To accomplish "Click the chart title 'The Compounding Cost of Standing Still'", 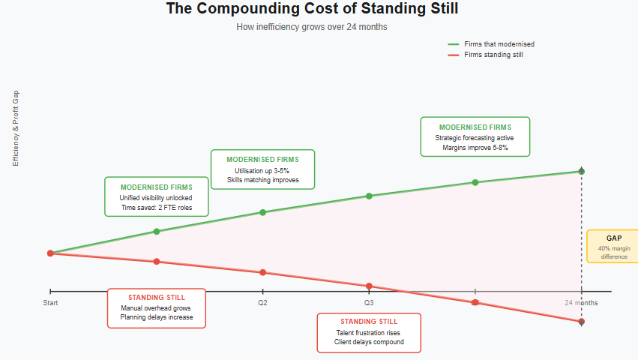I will click(x=311, y=10).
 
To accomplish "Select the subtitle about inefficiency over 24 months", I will click(x=311, y=27).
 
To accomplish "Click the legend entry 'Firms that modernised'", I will click(x=499, y=44).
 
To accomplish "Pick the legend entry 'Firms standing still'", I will click(x=494, y=55).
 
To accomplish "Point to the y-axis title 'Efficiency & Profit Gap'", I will click(x=16, y=128).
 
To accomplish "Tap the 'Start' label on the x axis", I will click(x=50, y=303).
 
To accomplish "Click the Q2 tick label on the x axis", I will click(x=262, y=303).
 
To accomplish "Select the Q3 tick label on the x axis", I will click(x=369, y=303).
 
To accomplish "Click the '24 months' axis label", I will click(x=581, y=303).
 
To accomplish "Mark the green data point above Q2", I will click(x=262, y=212).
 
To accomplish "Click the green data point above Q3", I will click(x=369, y=196).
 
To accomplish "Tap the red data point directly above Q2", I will click(x=262, y=272).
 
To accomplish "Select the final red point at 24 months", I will click(x=582, y=322).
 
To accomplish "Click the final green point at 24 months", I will click(x=582, y=172).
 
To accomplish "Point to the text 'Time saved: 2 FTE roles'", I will click(x=156, y=208).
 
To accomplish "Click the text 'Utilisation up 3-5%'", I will click(x=262, y=171).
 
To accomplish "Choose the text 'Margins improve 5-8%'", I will click(x=475, y=148).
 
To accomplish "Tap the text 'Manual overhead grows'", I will click(x=156, y=308).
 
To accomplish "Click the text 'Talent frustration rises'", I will click(x=369, y=332).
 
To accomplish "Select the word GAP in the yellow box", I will click(x=613, y=238).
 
